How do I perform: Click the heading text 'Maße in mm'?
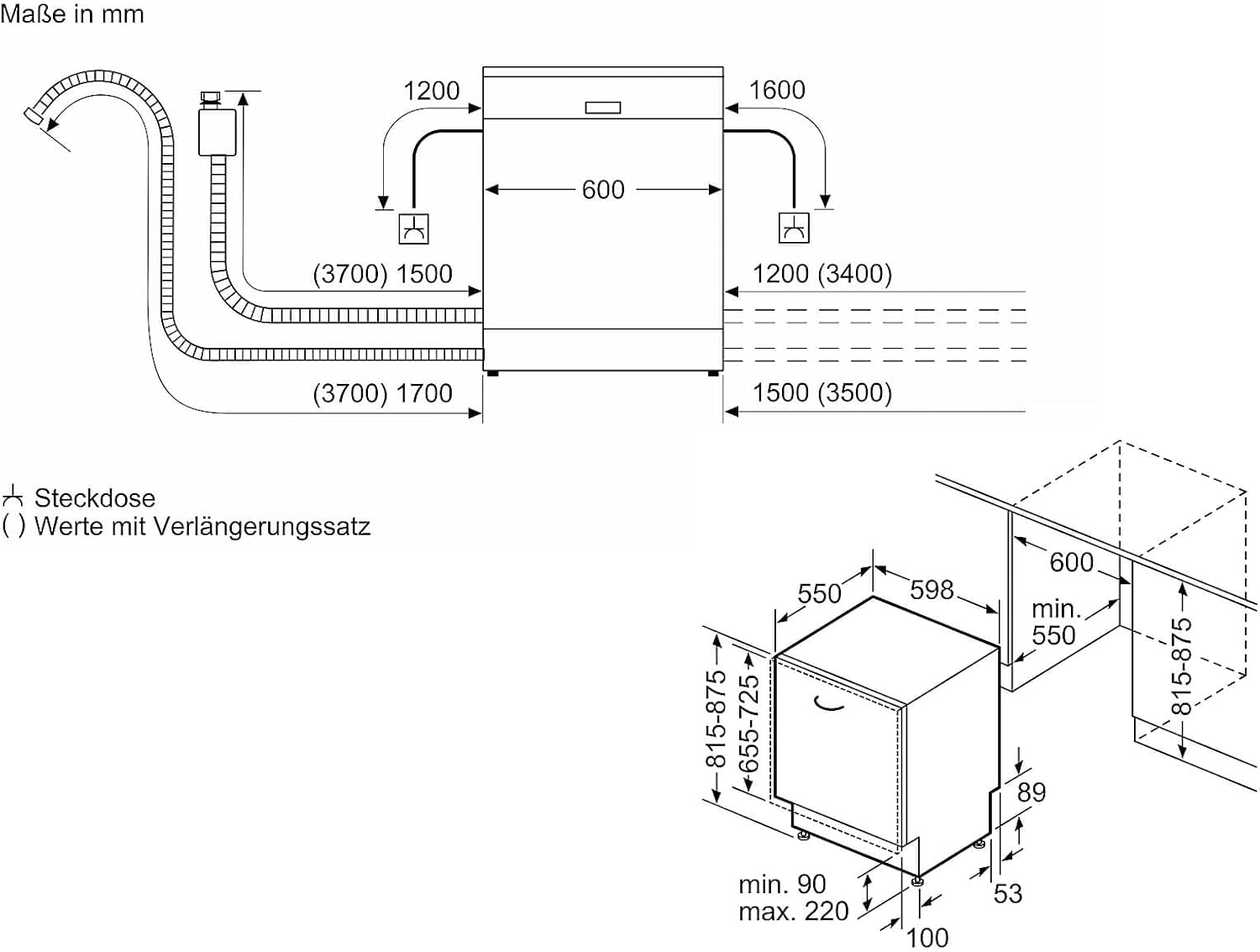pos(72,14)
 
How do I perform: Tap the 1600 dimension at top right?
pos(777,90)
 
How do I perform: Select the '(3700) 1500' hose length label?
pos(382,274)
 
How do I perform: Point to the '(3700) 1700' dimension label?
pos(382,393)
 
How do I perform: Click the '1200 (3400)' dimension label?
pos(822,274)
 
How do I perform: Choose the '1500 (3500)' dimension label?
pos(822,393)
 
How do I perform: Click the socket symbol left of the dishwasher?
pos(413,229)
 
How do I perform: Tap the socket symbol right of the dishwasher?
pos(794,229)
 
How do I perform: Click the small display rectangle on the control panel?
pos(603,108)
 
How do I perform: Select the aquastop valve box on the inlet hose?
pos(217,131)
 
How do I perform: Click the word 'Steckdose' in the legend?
pos(95,498)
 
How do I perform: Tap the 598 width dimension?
pos(932,590)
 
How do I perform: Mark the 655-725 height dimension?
pos(748,724)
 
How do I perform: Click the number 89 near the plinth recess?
pos(1032,792)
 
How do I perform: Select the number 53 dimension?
pos(1008,893)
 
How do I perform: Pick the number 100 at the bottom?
pos(928,937)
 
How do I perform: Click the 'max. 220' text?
pos(793,912)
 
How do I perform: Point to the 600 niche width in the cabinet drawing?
pos(1072,562)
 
